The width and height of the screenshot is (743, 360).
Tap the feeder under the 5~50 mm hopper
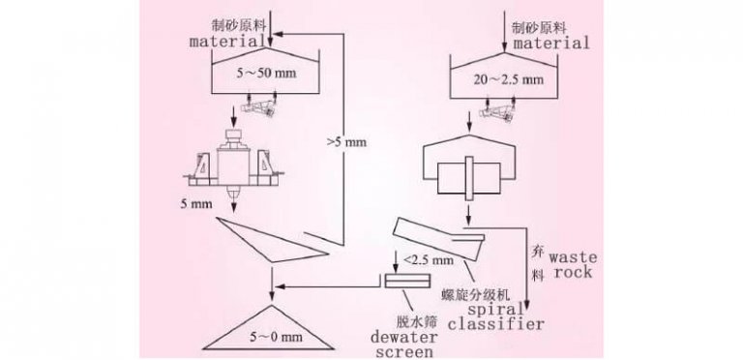point(262,106)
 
